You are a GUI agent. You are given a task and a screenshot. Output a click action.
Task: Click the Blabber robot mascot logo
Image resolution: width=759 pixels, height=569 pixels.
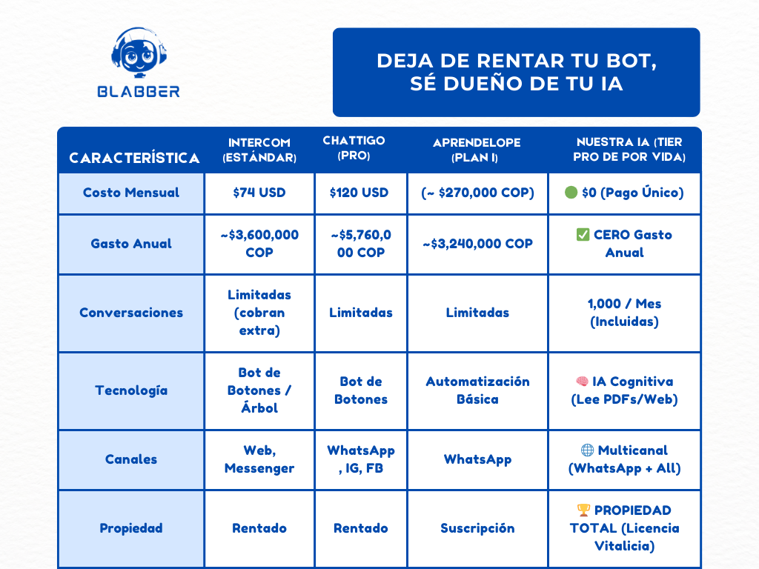[139, 53]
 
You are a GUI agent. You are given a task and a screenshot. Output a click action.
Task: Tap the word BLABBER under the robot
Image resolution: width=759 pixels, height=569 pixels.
[139, 91]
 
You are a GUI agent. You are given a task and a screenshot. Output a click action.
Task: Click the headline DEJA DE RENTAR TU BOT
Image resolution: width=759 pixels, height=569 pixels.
[517, 61]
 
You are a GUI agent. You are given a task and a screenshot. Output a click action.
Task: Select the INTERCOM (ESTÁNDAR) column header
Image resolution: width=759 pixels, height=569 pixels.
[259, 150]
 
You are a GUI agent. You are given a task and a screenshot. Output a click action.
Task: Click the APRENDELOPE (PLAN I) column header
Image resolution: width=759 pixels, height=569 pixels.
[477, 150]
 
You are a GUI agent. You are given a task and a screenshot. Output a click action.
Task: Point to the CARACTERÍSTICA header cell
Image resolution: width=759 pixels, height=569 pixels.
[134, 158]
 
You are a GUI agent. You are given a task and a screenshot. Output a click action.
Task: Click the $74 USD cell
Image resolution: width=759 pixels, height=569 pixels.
[259, 193]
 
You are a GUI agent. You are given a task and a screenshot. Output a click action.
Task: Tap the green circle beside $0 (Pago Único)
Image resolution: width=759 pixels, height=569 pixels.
[571, 193]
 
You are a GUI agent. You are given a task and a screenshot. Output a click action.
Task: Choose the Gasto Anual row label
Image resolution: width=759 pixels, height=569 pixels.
[131, 244]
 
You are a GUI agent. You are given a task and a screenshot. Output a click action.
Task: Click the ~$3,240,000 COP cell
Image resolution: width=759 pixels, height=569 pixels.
[477, 244]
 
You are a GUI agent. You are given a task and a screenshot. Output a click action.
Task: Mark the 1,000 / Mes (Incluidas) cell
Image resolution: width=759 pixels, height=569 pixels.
[625, 313]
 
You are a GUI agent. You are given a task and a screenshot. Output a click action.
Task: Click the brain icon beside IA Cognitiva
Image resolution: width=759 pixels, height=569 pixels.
[583, 382]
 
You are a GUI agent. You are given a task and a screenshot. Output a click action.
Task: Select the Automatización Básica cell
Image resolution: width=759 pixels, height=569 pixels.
[477, 390]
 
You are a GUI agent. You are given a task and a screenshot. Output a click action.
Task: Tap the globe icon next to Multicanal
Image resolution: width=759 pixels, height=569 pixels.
[588, 450]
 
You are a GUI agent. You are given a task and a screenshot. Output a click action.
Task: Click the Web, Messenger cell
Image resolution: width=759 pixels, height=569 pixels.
[259, 459]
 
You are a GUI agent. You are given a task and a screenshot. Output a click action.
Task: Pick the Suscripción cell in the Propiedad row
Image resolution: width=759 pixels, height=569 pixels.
[477, 528]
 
